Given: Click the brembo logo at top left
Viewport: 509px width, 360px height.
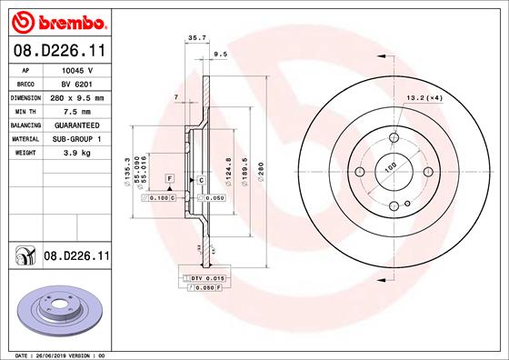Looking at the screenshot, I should (x=57, y=20).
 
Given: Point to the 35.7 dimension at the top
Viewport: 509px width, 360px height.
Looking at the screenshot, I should (x=194, y=38).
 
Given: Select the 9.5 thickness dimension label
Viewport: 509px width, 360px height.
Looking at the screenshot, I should (x=219, y=55).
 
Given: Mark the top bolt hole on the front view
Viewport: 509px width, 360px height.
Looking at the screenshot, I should (x=394, y=138).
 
